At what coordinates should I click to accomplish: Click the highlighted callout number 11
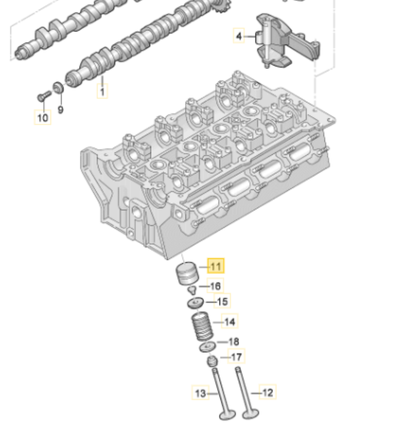216,267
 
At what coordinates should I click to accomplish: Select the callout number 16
215,286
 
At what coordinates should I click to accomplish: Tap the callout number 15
222,301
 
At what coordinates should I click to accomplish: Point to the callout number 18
233,342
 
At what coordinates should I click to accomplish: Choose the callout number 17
236,357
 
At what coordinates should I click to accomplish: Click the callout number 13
200,393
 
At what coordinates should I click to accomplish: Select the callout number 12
267,392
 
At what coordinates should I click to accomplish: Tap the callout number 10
42,117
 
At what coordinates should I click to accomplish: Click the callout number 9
60,110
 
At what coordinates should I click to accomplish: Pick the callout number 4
238,37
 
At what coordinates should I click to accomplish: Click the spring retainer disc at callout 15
195,303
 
